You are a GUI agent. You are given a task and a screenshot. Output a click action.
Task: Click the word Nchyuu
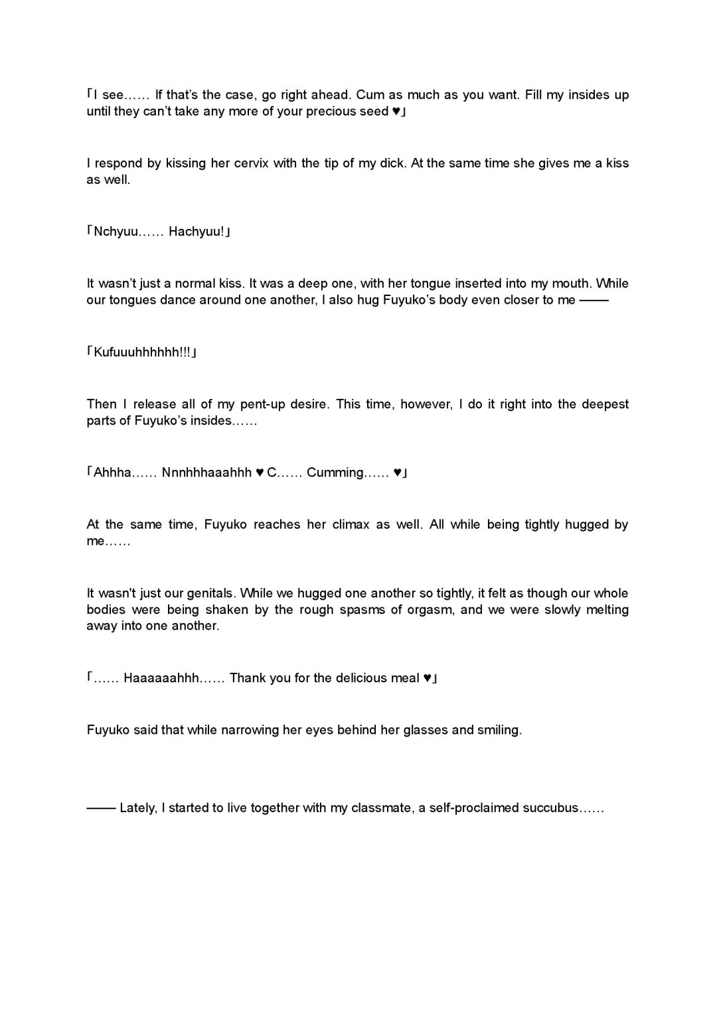coord(117,232)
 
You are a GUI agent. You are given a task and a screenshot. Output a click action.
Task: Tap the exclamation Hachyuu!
coord(197,232)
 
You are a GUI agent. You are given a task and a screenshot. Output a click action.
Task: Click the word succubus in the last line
coord(550,808)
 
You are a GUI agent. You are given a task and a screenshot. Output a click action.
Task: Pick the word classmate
coord(381,808)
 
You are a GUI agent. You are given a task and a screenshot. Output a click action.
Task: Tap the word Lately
coord(138,808)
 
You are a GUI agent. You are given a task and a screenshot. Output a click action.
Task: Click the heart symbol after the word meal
coord(428,678)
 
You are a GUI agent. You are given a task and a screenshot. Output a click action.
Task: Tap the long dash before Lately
coord(101,808)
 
